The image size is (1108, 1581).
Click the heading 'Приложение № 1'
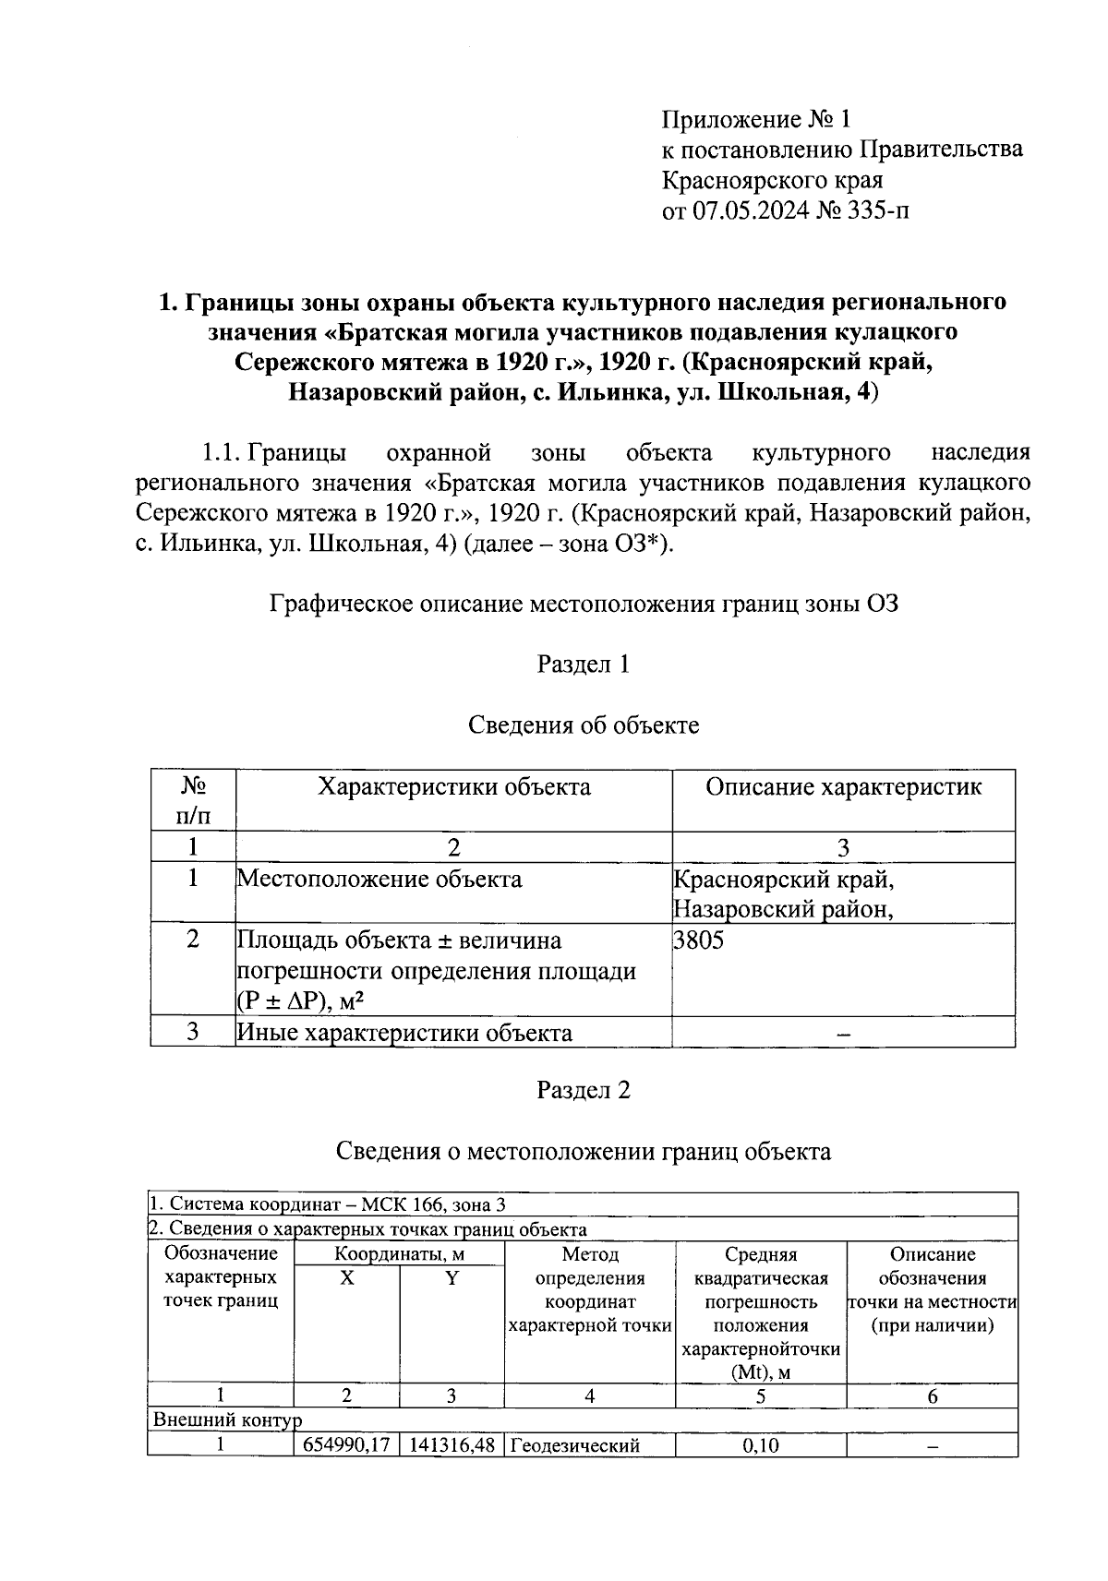coord(755,120)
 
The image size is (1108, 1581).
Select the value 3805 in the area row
coord(700,940)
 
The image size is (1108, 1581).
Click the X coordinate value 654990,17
coord(346,1445)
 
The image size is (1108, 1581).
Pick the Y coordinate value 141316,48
coord(452,1445)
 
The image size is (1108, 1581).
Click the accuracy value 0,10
coord(760,1445)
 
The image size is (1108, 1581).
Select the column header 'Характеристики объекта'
coord(453,787)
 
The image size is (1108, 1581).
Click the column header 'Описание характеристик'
coord(843,787)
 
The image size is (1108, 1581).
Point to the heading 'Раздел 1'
coord(583,664)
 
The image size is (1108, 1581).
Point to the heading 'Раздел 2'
coord(583,1090)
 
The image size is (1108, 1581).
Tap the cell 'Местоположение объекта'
coord(379,879)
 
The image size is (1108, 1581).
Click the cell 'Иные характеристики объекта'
coord(404,1033)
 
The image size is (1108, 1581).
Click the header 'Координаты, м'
coord(399,1254)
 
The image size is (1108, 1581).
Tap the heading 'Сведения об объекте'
coord(583,725)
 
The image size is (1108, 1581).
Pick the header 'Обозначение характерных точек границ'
coord(221,1277)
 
